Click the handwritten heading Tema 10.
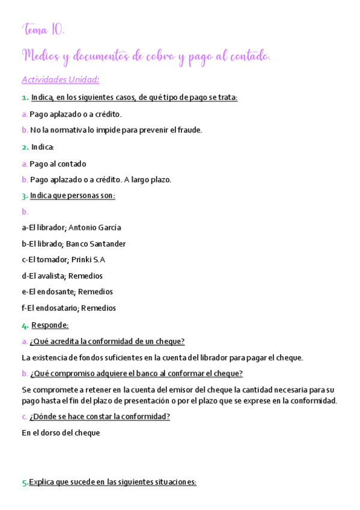43,29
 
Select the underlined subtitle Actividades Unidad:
60,79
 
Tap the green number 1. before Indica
25,97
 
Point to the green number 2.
25,147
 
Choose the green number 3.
25,195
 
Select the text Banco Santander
96,244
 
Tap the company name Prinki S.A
88,260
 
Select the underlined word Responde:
50,325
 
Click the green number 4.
25,325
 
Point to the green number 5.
25,482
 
